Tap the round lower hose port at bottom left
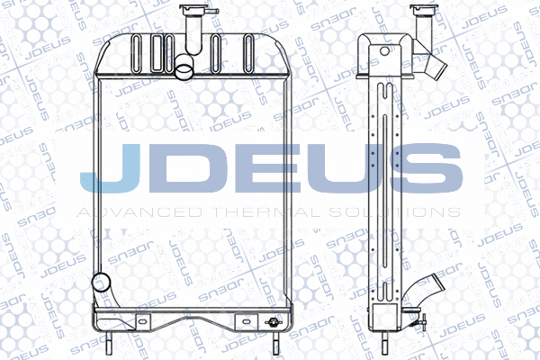(102, 283)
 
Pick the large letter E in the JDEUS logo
(265, 168)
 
